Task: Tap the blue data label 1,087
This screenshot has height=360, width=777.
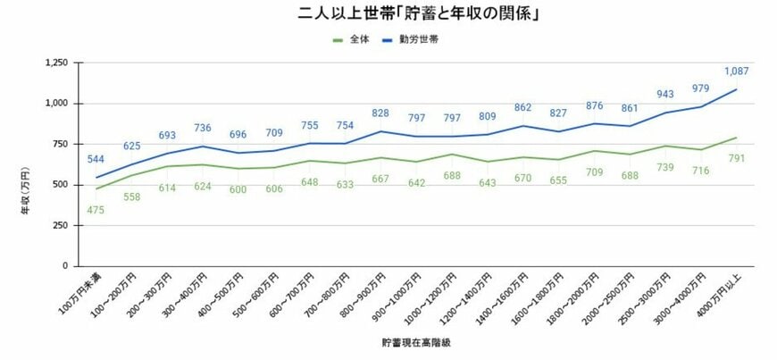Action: coord(736,71)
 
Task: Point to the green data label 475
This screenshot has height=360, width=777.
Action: coord(96,209)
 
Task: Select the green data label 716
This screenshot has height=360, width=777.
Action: coord(700,170)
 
